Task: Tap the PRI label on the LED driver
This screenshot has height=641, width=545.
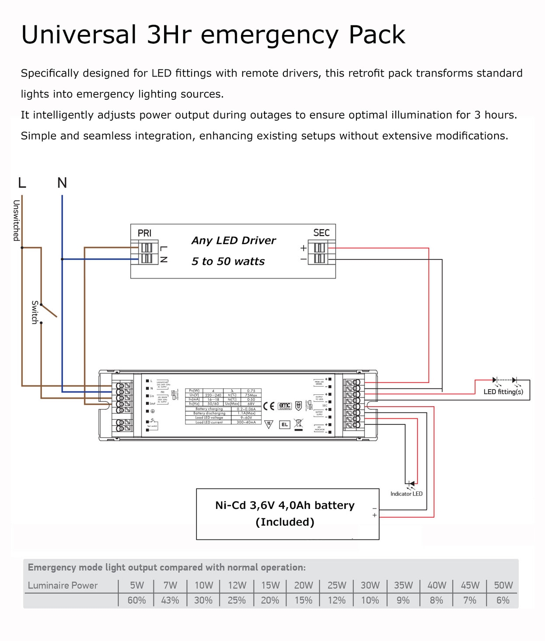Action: pos(144,233)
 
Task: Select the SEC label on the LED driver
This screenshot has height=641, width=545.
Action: pos(321,233)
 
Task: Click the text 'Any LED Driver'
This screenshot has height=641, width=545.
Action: pos(234,240)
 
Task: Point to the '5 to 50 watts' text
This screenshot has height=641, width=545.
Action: pos(228,261)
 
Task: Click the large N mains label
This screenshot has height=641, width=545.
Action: pos(62,183)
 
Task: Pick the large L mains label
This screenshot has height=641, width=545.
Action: pos(22,183)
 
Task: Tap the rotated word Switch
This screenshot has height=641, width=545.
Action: pos(35,312)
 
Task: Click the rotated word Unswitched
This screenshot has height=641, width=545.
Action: pos(16,220)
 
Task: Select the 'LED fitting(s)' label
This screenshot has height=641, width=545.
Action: pos(503,392)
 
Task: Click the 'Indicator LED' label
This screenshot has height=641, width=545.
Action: pos(406,494)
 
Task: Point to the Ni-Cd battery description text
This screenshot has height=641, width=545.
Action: pos(285,505)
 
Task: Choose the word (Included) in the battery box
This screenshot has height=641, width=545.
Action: pos(285,522)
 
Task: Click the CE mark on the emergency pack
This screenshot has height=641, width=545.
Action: pos(269,406)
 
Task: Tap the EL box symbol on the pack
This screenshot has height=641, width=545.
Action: pos(284,425)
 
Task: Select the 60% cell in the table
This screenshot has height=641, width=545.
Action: pos(136,600)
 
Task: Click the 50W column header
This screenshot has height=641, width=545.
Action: pos(503,585)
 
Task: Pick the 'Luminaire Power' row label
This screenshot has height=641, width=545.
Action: pos(63,585)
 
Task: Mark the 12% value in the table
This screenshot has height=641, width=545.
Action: pos(336,600)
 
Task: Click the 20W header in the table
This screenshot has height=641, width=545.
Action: pos(303,585)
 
